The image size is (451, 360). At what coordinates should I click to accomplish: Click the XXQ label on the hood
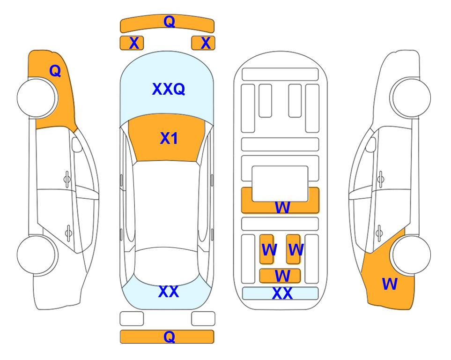point(169,89)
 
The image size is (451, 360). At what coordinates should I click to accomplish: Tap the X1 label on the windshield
point(169,138)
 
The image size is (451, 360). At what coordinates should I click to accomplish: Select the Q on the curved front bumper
point(170,21)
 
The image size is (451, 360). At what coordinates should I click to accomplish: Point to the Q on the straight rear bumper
point(170,337)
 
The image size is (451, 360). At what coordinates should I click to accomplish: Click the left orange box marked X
point(132,43)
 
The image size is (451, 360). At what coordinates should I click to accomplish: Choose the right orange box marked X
point(203,43)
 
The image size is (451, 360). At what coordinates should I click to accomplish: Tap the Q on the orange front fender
point(55,71)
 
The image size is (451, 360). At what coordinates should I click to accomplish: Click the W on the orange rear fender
point(390,284)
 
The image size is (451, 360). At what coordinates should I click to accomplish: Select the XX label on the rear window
point(169,292)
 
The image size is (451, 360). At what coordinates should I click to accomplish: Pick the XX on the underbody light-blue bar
point(282,293)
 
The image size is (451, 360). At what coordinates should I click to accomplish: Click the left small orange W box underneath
point(266,249)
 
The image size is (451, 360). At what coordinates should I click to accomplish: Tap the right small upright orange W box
point(293,249)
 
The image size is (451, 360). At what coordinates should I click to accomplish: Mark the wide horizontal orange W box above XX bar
point(280,276)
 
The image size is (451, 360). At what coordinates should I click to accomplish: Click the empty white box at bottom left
point(132,319)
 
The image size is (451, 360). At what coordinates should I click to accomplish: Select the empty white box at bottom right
point(203,319)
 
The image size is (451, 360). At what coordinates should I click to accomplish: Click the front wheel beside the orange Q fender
point(37,98)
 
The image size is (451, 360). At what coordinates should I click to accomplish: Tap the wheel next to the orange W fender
point(411,255)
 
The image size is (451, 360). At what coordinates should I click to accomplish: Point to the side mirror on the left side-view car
point(77,144)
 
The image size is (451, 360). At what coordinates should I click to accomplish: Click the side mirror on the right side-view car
point(371,144)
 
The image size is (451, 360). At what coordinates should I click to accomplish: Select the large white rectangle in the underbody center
point(280,184)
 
